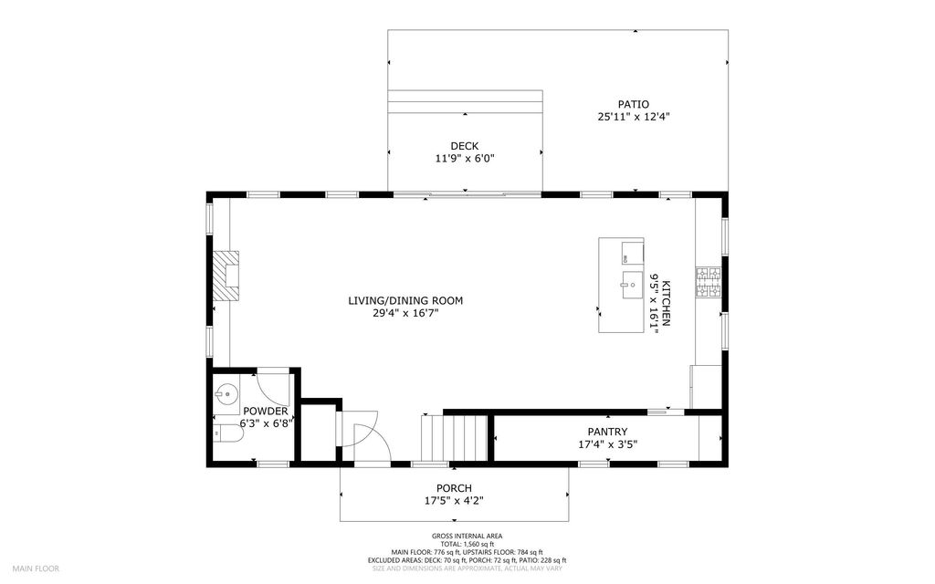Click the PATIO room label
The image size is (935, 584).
point(634,104)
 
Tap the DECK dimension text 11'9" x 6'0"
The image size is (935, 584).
point(465,159)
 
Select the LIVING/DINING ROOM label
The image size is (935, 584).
point(405,301)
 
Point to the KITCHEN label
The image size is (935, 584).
point(666,303)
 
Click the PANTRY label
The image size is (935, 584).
point(607,432)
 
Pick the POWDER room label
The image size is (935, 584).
point(266,412)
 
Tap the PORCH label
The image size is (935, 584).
point(454,489)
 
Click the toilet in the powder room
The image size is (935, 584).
point(227,434)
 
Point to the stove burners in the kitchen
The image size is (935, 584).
point(709,283)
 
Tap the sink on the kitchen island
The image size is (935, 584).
point(632,285)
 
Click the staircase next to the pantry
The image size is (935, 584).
point(455,437)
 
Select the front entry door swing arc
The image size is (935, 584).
point(373,435)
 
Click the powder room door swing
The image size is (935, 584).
point(273,387)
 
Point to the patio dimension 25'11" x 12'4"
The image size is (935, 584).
point(634,117)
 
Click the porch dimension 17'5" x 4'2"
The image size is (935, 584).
point(454,501)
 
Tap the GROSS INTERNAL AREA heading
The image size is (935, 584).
point(467,536)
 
